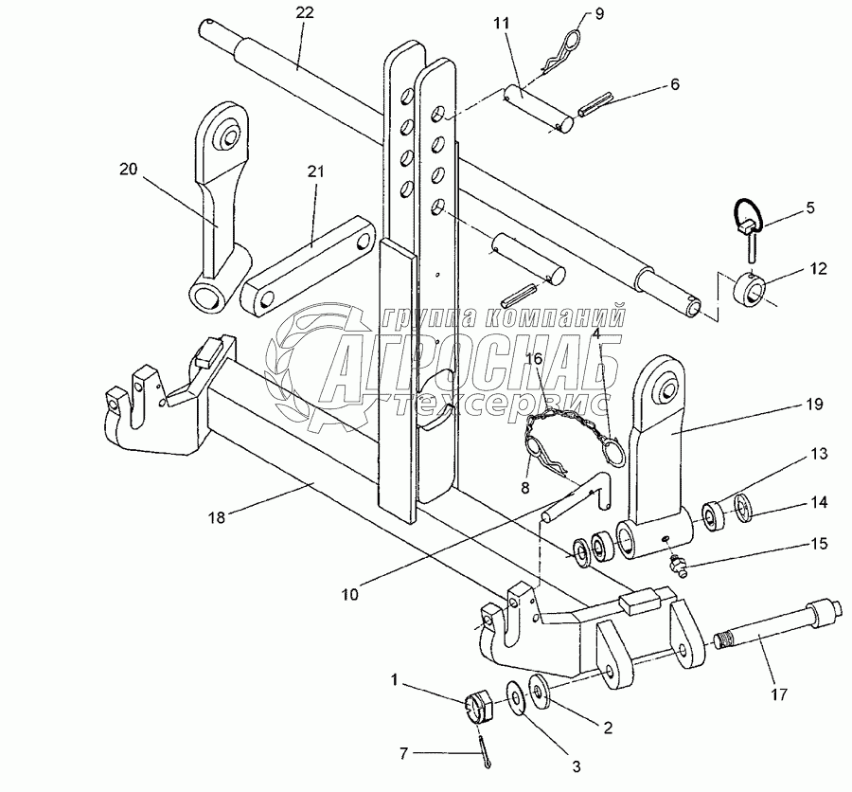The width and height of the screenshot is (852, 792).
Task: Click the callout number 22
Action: tap(305, 12)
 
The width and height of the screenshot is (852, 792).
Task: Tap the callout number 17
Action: tap(779, 694)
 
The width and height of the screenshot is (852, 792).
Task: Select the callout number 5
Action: tap(810, 207)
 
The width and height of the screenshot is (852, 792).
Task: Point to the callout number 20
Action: tap(129, 170)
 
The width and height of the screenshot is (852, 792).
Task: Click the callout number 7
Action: tap(403, 753)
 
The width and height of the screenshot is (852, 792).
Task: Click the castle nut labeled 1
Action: tap(478, 707)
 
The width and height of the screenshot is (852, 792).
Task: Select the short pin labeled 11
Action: tap(539, 109)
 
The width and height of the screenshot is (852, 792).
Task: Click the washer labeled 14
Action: tap(743, 508)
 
